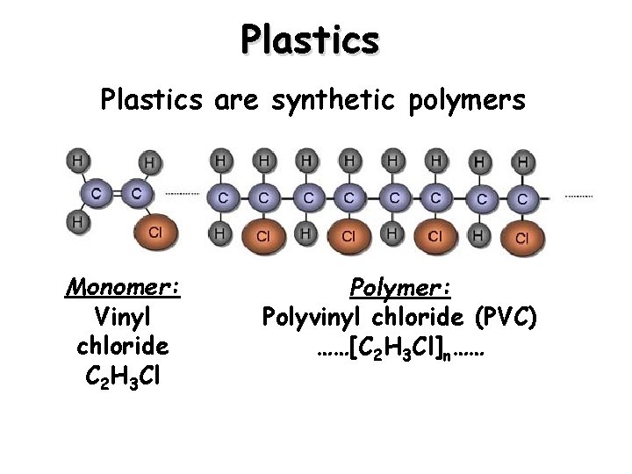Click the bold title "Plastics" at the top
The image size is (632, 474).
311,39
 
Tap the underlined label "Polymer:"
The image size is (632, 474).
399,288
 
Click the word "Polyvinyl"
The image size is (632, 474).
328,315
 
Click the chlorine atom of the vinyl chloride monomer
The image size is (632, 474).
154,233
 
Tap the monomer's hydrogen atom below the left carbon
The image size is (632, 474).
77,223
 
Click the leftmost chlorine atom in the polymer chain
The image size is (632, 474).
263,235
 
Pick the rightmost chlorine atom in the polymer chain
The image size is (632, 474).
522,237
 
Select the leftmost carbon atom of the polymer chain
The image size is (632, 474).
223,198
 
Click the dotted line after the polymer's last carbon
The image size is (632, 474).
578,195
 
